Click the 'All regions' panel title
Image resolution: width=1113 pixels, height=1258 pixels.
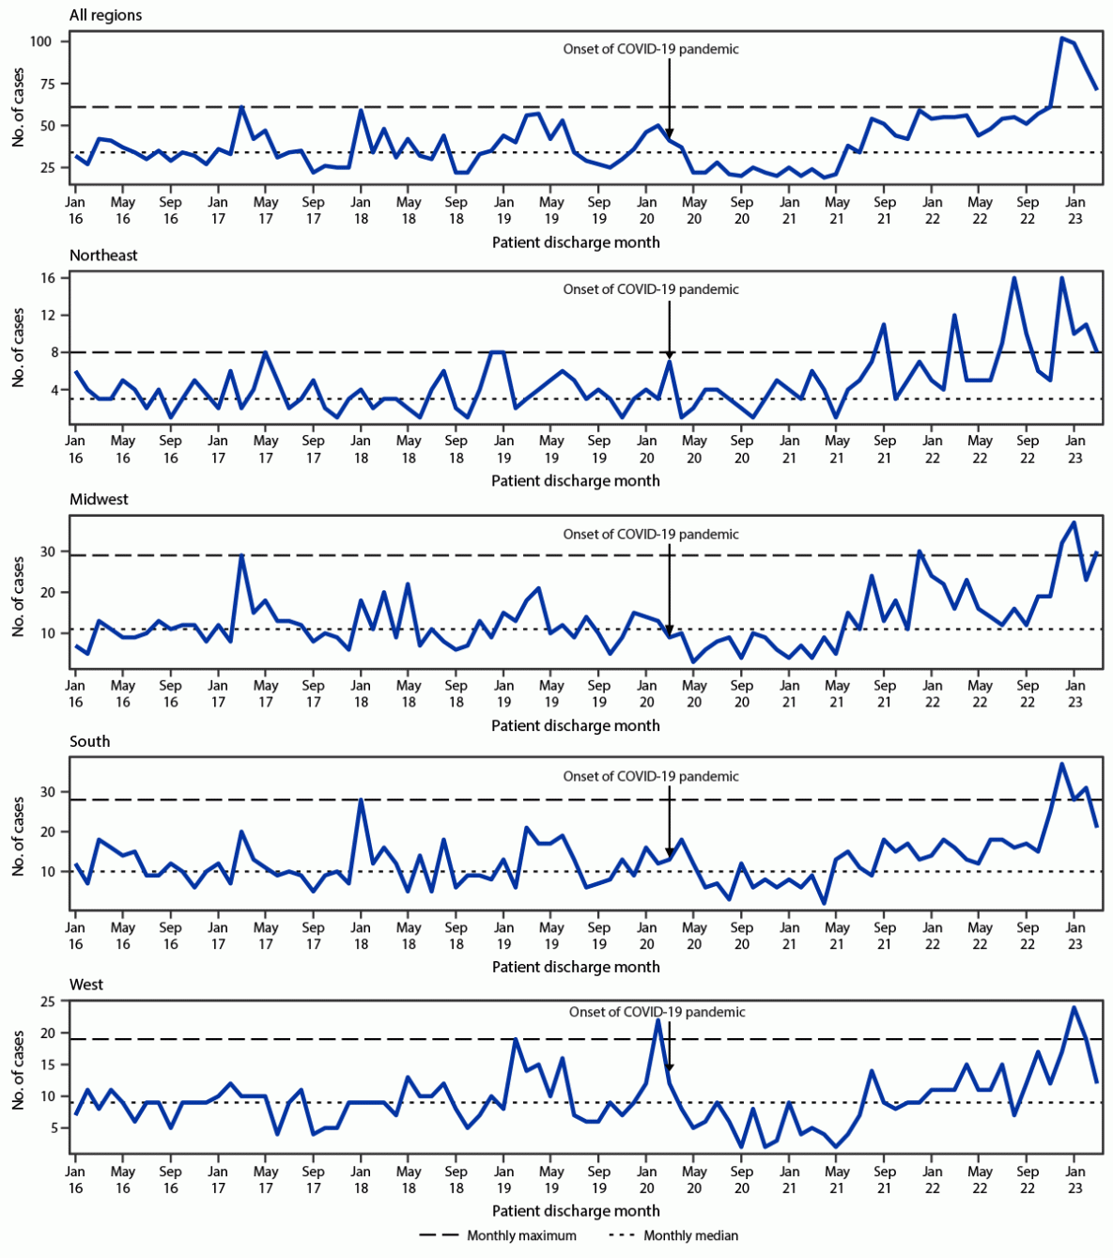(x=105, y=16)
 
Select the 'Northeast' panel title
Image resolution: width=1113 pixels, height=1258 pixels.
(x=103, y=256)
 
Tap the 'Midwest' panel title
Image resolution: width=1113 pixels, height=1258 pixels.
(x=99, y=500)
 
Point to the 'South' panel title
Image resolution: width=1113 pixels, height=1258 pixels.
(x=89, y=742)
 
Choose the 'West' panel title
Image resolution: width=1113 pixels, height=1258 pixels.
(x=86, y=986)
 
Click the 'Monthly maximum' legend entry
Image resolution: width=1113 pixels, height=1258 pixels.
(x=521, y=1235)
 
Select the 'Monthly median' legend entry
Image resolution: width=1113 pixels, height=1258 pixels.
(x=690, y=1235)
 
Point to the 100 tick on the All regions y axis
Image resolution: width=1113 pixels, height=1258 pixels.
(x=42, y=41)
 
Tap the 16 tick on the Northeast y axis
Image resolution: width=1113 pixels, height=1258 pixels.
(x=48, y=278)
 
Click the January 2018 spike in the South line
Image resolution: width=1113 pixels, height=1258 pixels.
(x=361, y=800)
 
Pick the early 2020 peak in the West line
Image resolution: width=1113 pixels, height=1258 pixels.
(x=658, y=1019)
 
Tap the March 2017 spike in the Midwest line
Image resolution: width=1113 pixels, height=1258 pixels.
(x=242, y=555)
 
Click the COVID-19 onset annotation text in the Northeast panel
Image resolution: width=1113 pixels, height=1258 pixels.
(x=651, y=289)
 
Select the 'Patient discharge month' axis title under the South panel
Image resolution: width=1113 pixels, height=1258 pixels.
(x=576, y=967)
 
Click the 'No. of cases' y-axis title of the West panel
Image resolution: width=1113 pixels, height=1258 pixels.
(x=19, y=1069)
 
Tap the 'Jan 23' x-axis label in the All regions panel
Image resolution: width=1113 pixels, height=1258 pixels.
(x=1075, y=210)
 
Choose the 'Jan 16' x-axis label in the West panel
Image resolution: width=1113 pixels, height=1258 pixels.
(x=75, y=1180)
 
